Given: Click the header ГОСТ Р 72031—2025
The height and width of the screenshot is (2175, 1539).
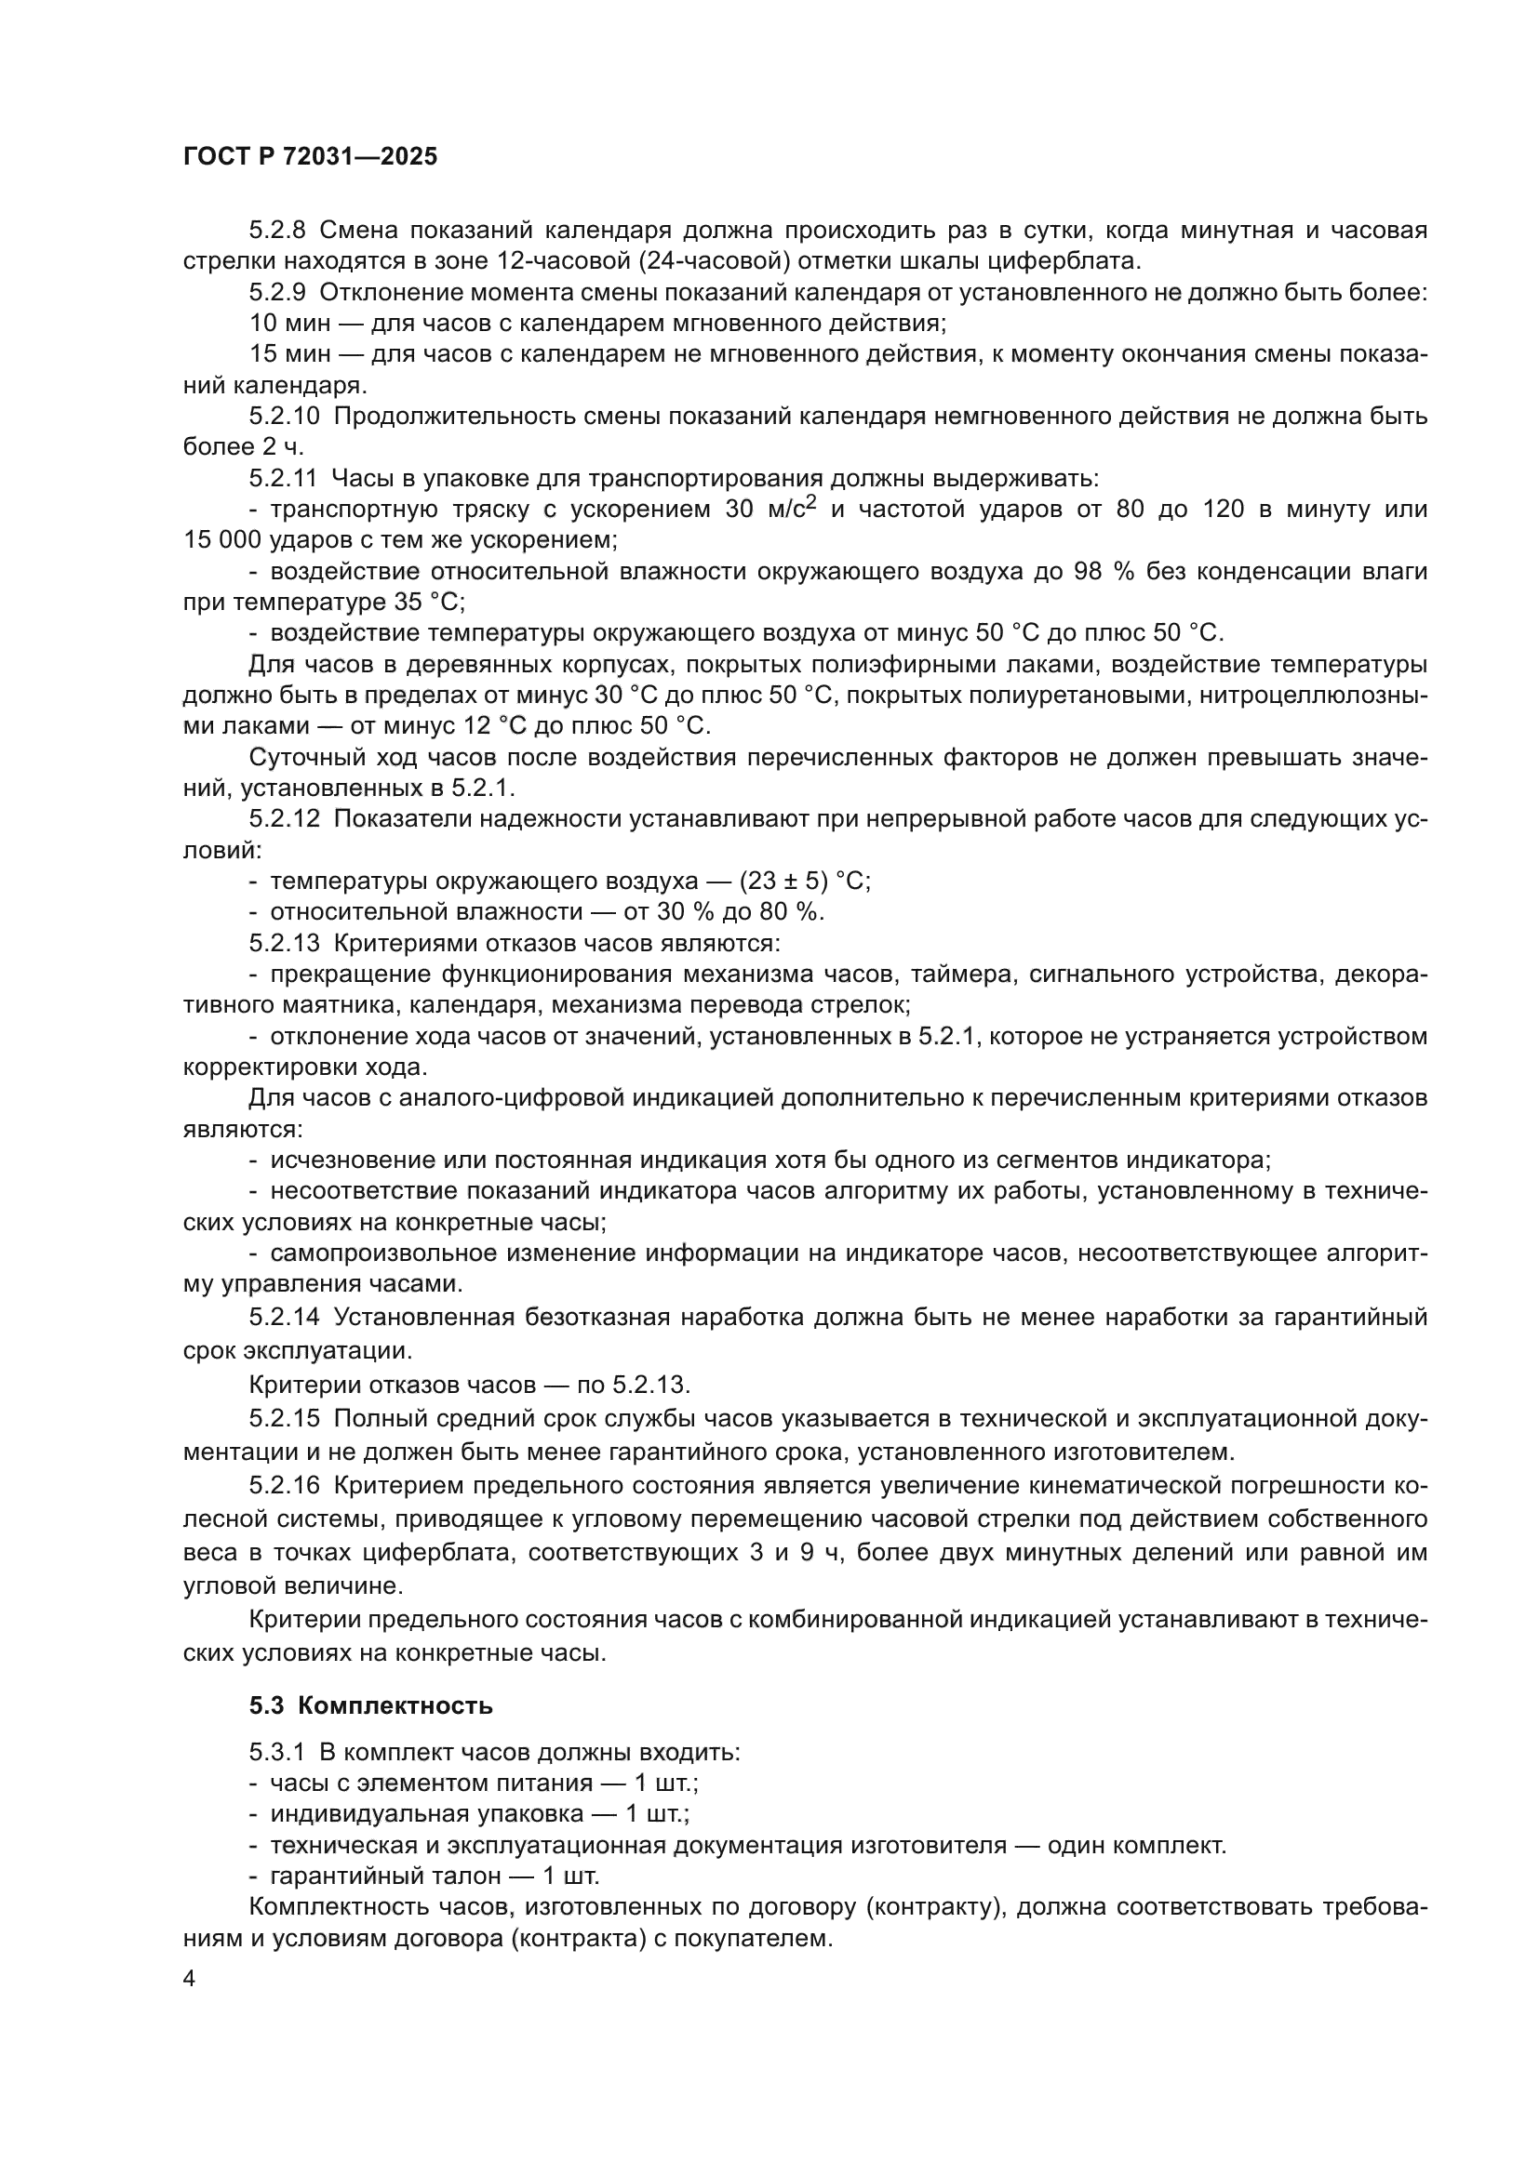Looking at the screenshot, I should (310, 157).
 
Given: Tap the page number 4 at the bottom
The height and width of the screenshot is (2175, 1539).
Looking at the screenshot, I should (190, 1979).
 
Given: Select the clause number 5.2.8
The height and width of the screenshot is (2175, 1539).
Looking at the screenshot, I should (278, 231).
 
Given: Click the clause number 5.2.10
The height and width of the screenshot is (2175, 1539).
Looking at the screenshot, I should (286, 417).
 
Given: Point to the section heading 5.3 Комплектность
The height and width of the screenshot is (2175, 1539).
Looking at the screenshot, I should (370, 1706).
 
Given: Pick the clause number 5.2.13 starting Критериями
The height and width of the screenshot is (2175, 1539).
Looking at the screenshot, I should (286, 944).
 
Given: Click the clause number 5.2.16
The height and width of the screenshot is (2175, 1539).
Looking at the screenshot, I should (286, 1486).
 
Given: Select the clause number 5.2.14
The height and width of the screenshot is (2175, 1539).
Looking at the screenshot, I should (286, 1318).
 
